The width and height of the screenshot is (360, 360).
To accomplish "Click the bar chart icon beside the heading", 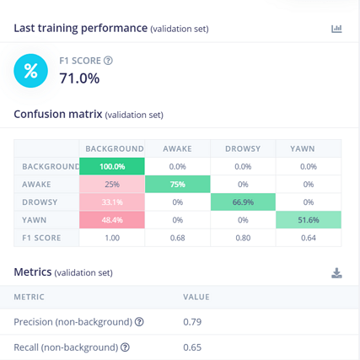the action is (336, 29).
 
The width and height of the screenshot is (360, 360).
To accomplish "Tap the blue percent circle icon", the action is (30, 71).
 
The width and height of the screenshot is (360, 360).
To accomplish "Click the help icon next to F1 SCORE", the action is (108, 61).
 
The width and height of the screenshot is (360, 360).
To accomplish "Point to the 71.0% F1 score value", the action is (79, 78).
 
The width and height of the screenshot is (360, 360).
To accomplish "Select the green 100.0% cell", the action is (112, 166).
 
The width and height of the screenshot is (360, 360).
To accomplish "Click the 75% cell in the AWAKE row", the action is (178, 185).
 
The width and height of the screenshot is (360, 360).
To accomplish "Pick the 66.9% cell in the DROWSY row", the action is (243, 202).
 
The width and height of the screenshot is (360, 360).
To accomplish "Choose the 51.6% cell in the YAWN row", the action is (309, 220).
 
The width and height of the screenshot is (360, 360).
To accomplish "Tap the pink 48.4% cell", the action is (112, 220).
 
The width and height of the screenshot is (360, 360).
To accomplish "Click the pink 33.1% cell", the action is (112, 202).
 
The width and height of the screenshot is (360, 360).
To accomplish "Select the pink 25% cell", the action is (112, 185).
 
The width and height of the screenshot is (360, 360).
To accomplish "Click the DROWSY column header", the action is (243, 148).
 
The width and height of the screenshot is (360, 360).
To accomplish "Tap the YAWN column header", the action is (303, 148).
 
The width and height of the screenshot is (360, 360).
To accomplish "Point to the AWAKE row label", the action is (36, 185).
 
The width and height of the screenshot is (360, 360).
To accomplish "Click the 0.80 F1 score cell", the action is (243, 238).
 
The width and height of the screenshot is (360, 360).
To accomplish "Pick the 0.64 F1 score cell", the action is (309, 238).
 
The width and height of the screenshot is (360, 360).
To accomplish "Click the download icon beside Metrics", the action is (336, 273).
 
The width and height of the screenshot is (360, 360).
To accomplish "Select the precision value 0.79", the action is (192, 322).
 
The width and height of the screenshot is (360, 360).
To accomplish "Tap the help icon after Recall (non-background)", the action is (125, 347).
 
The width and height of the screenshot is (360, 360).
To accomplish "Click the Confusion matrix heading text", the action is (58, 115).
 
